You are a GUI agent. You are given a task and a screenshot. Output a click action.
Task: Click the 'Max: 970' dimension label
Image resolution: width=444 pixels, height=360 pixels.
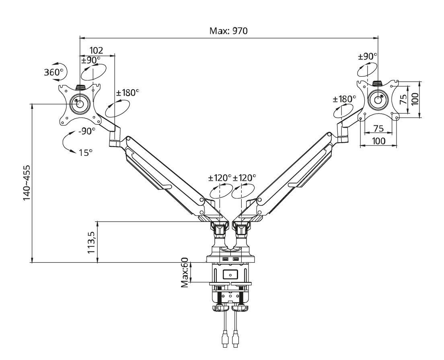click(x=228, y=31)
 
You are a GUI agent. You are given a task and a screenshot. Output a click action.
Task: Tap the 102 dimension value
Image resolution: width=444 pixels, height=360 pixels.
click(x=96, y=50)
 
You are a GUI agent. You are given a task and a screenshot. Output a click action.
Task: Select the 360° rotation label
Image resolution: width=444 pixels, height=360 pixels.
click(x=53, y=72)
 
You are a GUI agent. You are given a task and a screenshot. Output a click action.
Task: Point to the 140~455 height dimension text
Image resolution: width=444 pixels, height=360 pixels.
click(x=27, y=183)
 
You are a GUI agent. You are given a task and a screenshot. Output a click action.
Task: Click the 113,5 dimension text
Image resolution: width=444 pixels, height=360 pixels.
click(x=91, y=242)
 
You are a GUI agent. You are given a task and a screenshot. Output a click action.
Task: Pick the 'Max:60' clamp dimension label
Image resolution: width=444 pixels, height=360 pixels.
click(x=185, y=272)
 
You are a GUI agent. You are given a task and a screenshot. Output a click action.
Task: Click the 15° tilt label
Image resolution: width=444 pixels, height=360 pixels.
click(x=86, y=153)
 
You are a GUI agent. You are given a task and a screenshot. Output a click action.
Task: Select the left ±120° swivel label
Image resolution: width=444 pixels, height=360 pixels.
click(x=220, y=178)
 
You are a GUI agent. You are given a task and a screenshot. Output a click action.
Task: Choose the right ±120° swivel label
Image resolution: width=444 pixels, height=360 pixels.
click(x=245, y=178)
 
